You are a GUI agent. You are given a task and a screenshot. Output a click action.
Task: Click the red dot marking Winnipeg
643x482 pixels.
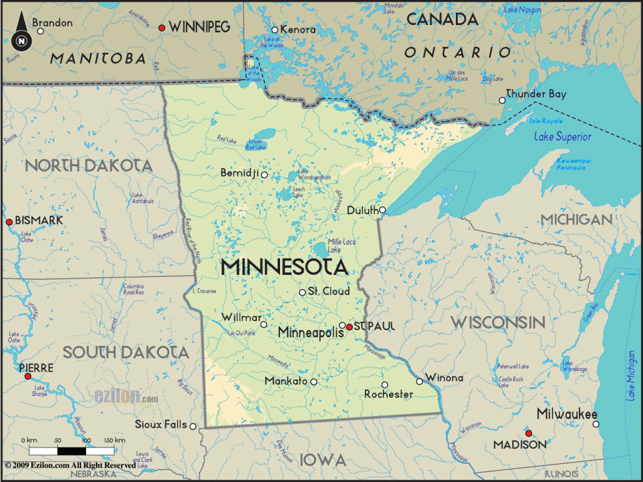point(162,28)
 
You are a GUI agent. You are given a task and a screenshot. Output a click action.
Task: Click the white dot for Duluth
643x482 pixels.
point(382,210)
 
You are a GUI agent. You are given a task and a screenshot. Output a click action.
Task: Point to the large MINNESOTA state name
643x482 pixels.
point(284,267)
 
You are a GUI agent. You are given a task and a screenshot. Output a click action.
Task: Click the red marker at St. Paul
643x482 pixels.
point(350,326)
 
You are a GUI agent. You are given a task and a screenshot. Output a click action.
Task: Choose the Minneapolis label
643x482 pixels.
point(311,332)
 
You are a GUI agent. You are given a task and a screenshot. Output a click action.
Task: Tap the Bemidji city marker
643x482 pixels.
point(264,174)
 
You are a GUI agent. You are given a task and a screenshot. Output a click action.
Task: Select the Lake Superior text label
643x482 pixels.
point(563,136)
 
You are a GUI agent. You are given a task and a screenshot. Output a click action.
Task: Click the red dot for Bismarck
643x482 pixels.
point(9,222)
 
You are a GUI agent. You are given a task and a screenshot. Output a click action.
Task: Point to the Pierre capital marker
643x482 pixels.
point(28,376)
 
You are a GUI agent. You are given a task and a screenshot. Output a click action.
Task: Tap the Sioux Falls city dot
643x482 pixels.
point(193,426)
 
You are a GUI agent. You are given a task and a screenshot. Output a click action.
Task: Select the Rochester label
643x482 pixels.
point(389,394)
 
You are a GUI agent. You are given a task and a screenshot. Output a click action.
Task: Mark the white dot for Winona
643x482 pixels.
point(419,381)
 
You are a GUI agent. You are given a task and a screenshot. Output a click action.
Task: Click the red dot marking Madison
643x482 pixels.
point(529,432)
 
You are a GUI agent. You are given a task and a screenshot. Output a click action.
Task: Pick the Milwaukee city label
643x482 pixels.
point(566,414)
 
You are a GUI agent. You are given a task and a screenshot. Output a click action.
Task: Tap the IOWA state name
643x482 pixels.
point(323,460)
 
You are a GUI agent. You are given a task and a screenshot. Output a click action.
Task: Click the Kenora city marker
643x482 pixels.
point(274,30)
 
